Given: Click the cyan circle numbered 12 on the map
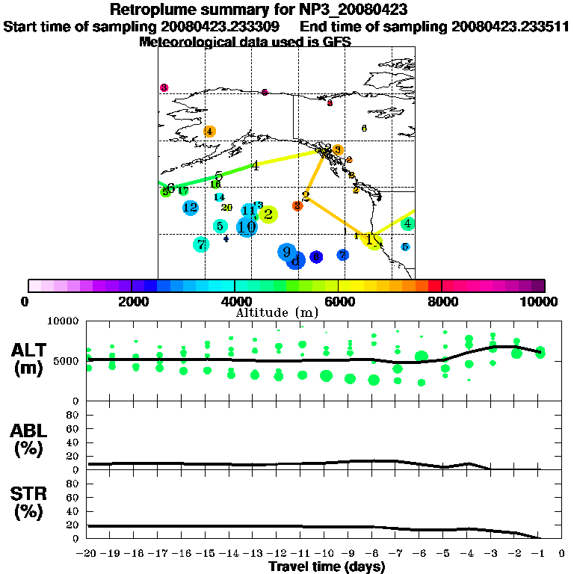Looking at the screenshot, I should point(190,208).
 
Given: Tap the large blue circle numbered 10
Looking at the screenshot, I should point(247,226).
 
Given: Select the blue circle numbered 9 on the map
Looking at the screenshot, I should point(286,252).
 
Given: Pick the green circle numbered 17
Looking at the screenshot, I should point(183,191).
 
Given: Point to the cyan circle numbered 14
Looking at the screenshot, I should point(219,197).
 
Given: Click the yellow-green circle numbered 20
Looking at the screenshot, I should point(227,208).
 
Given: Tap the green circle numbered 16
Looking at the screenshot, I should point(215,185).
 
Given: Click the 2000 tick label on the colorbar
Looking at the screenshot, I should point(132,302).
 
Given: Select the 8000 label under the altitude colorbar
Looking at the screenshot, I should point(442,302).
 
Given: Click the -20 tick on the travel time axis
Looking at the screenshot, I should point(88,554).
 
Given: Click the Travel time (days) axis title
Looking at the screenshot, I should point(327,567).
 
